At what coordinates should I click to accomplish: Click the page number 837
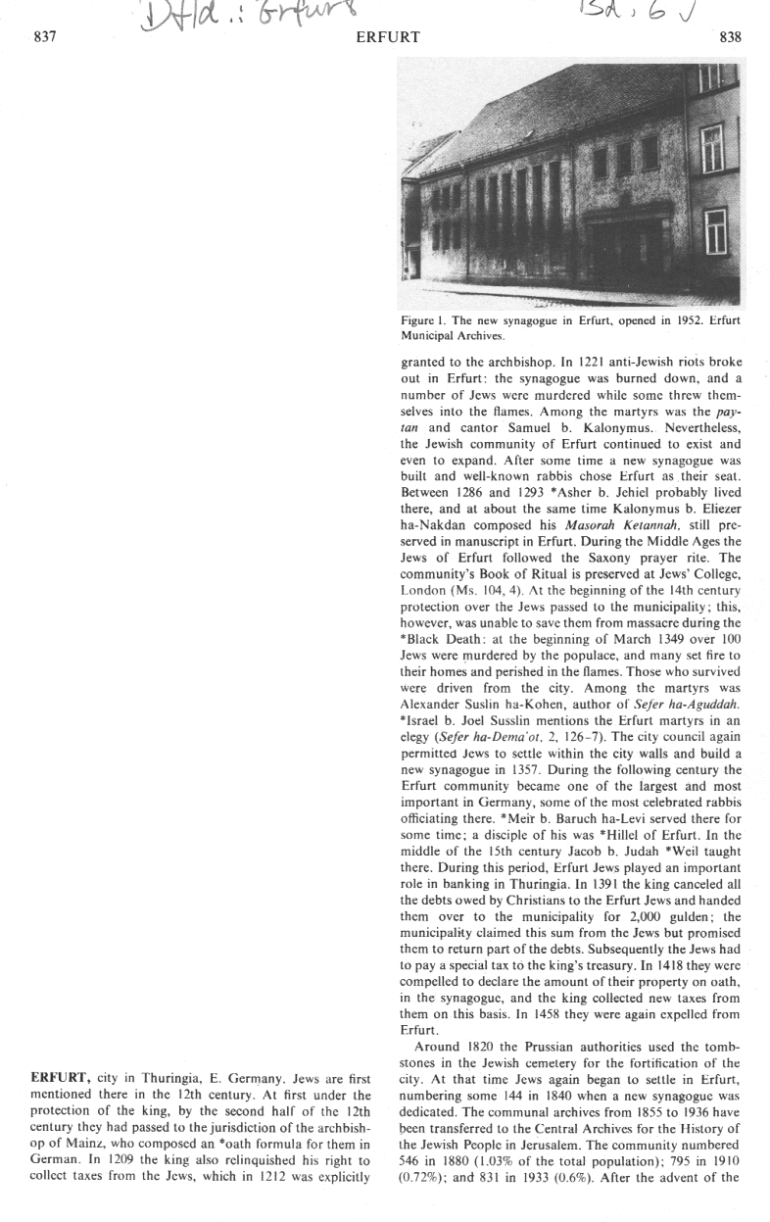click(46, 36)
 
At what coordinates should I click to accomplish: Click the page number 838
click(730, 36)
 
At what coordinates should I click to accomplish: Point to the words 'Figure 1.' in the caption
click(424, 320)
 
